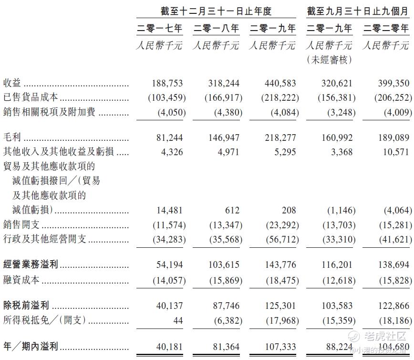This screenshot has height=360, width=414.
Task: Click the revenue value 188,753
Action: tap(166, 83)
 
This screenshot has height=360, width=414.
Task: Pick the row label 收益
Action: tap(12, 83)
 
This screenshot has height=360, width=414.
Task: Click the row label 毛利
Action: tap(12, 138)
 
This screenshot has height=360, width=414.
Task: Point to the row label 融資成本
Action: tap(21, 280)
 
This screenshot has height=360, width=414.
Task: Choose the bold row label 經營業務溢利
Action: tap(31, 265)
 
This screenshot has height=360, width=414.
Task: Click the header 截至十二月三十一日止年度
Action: tap(217, 11)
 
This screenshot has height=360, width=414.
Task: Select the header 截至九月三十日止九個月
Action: tap(358, 11)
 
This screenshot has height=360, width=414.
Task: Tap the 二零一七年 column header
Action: tap(160, 29)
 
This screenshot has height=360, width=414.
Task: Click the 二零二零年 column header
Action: tap(386, 29)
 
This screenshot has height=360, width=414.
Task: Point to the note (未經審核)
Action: tap(329, 60)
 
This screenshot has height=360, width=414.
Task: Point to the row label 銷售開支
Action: tap(21, 224)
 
